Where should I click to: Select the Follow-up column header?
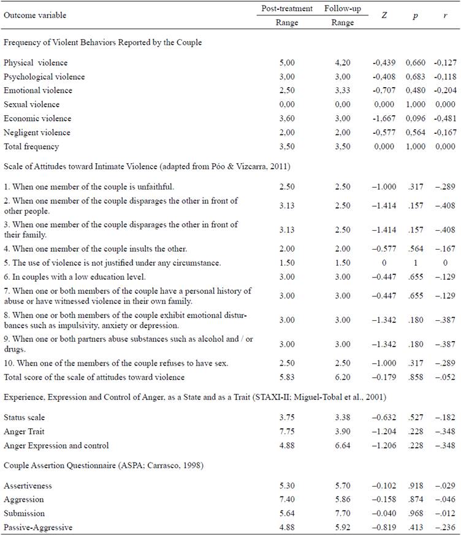(x=343, y=9)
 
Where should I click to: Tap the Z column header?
(x=384, y=15)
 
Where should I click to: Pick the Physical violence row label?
(x=36, y=63)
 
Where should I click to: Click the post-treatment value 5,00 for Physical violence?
(x=287, y=63)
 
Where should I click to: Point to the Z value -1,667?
(x=384, y=118)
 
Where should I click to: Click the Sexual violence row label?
(x=32, y=104)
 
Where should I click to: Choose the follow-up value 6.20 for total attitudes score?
(x=343, y=377)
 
